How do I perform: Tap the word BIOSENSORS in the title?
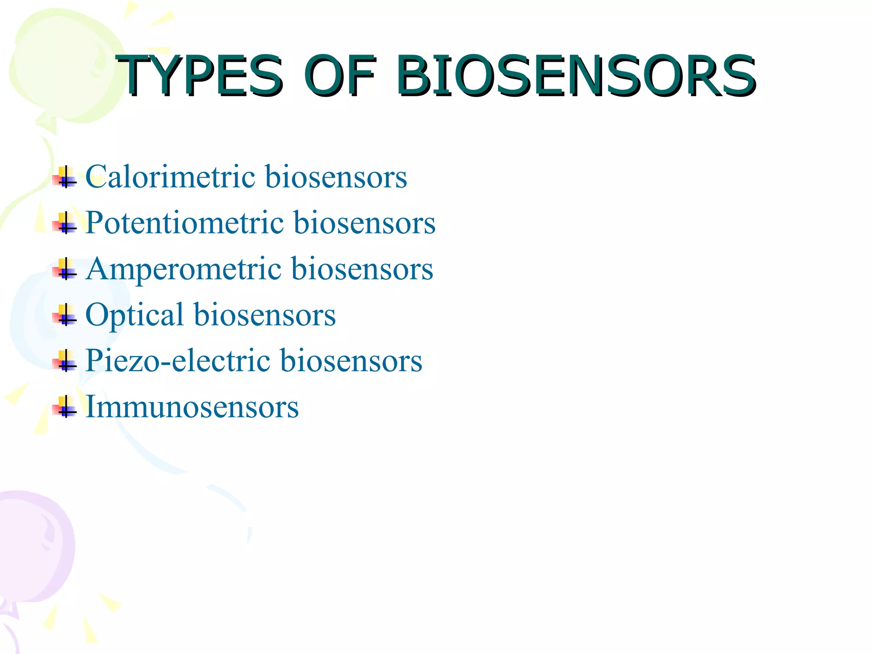pyautogui.click(x=576, y=76)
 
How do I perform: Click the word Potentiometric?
pyautogui.click(x=184, y=222)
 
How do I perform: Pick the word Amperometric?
pyautogui.click(x=184, y=269)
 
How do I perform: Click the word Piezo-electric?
pyautogui.click(x=178, y=361)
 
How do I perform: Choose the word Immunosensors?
pyautogui.click(x=192, y=407)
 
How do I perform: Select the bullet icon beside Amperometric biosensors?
pyautogui.click(x=65, y=270)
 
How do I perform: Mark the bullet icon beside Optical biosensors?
pyautogui.click(x=65, y=316)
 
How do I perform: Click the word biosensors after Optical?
pyautogui.click(x=264, y=315)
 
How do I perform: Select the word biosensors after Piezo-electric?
pyautogui.click(x=351, y=361)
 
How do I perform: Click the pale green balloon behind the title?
pyautogui.click(x=60, y=64)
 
